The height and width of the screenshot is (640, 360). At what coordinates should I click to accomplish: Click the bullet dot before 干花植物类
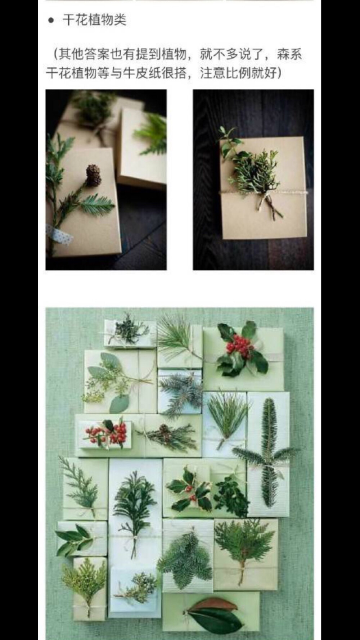(51, 21)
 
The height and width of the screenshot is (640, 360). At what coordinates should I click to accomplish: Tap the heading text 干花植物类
(95, 20)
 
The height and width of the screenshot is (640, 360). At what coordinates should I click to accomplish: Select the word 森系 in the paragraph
(289, 55)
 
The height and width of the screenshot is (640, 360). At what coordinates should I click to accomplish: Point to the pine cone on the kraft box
(93, 175)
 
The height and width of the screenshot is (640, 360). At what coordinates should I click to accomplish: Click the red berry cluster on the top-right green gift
(238, 344)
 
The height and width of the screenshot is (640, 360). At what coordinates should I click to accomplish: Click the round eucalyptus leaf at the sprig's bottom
(119, 404)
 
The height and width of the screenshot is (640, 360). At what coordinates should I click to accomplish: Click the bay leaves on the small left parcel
(76, 538)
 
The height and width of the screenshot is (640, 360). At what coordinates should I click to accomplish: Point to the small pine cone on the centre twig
(164, 429)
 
